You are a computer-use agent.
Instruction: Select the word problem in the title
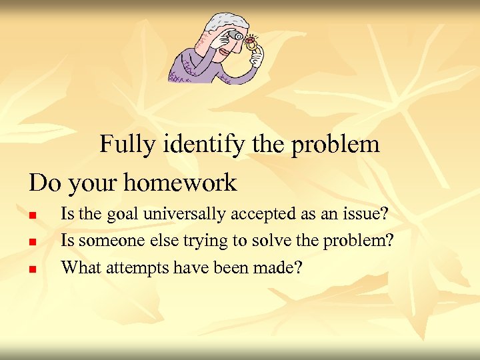tap(337, 144)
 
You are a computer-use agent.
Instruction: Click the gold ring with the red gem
tap(251, 44)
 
